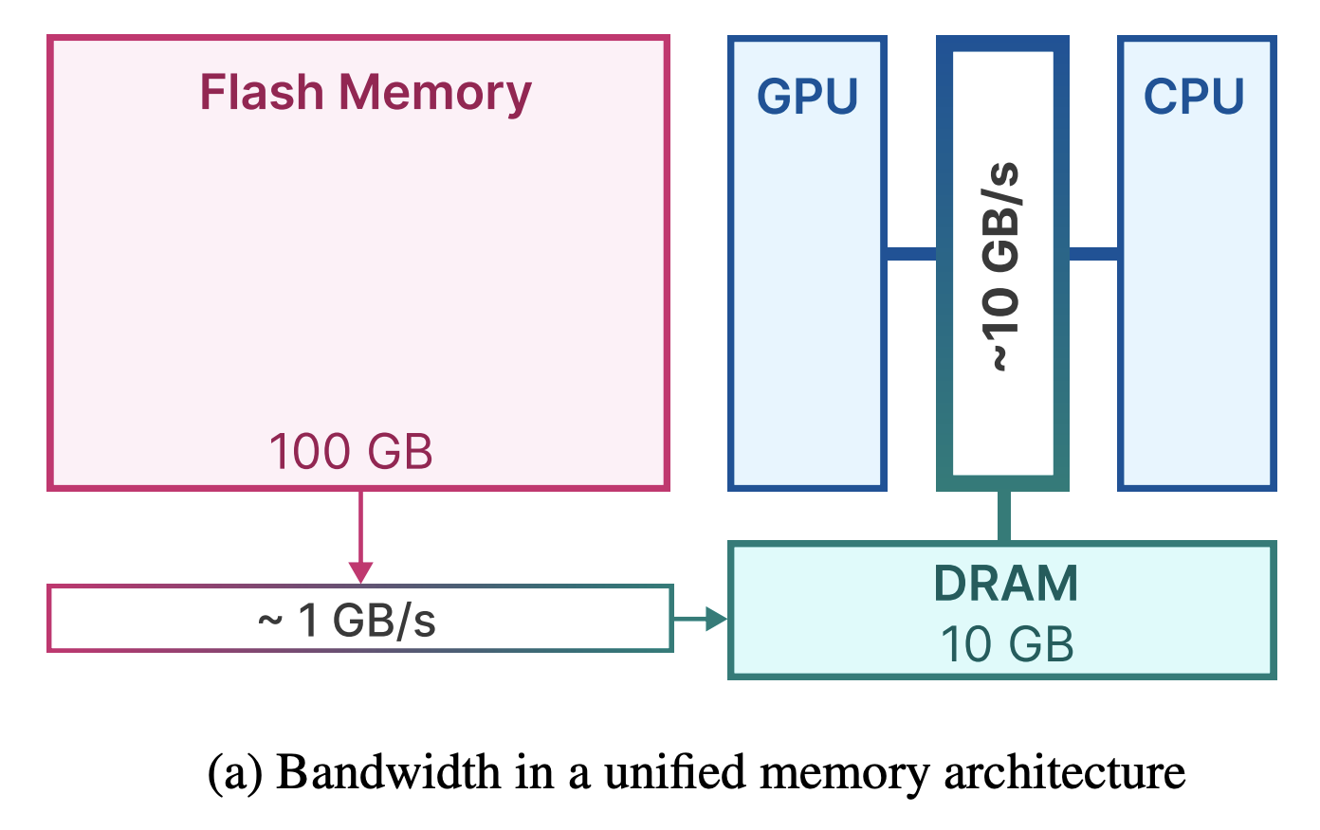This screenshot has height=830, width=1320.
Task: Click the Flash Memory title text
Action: point(365,94)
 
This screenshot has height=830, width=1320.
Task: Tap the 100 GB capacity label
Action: point(351,452)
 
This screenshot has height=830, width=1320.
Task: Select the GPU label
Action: point(807,96)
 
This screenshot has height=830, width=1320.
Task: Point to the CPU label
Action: point(1194,96)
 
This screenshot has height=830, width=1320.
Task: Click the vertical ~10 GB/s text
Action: point(1000,266)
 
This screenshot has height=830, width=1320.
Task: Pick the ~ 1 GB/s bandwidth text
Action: point(347,621)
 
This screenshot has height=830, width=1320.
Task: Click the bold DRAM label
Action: point(1006,584)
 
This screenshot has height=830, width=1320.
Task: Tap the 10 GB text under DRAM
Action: point(1007,644)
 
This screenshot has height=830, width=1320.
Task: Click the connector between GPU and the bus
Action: point(911,254)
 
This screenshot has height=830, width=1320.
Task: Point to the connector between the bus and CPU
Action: point(1093,254)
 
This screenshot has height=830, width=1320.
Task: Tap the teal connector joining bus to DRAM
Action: point(1004,516)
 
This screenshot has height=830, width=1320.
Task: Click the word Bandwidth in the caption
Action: point(389,772)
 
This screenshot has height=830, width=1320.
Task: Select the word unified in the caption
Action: point(675,772)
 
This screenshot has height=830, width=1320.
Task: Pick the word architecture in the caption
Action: point(1065,772)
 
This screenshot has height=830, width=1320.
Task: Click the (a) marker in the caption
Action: point(234,773)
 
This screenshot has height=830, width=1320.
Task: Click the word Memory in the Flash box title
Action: point(435,94)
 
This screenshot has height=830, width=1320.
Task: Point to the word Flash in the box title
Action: point(262,91)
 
